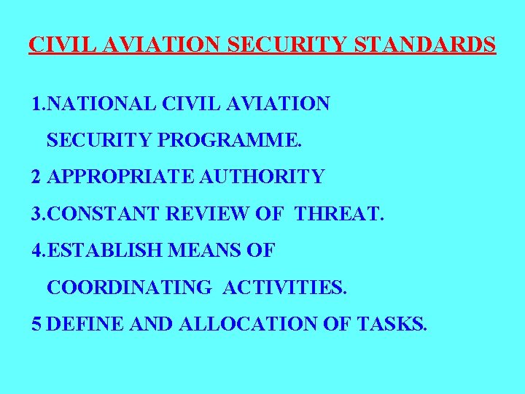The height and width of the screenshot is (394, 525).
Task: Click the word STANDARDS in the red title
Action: click(x=425, y=45)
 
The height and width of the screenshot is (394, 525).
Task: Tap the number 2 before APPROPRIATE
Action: click(x=36, y=177)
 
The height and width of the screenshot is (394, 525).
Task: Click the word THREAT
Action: click(x=339, y=215)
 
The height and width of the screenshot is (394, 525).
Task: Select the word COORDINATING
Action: click(x=128, y=287)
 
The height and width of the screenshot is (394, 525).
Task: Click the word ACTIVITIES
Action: click(x=284, y=287)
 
